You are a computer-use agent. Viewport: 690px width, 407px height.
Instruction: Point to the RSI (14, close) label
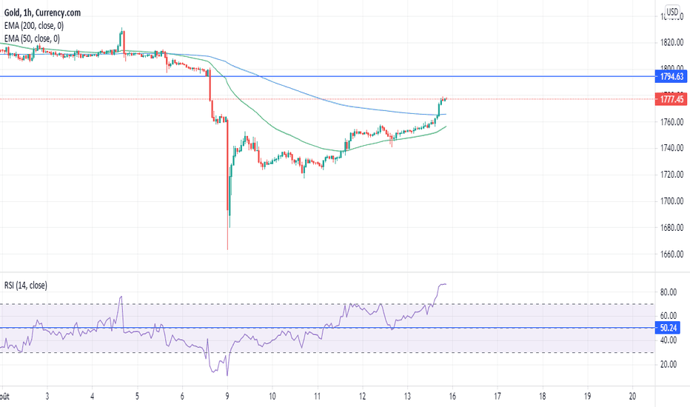26,285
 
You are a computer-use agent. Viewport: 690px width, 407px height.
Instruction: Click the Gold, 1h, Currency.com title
42,13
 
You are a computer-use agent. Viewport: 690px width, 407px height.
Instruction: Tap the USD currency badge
672,12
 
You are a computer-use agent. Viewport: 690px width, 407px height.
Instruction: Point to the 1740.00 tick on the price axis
672,148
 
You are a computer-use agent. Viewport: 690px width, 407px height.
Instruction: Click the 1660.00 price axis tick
672,255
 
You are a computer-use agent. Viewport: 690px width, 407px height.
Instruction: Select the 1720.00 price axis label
672,175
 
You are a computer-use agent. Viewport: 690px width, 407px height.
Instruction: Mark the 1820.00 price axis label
672,41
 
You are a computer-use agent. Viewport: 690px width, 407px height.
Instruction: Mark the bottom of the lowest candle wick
227,249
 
